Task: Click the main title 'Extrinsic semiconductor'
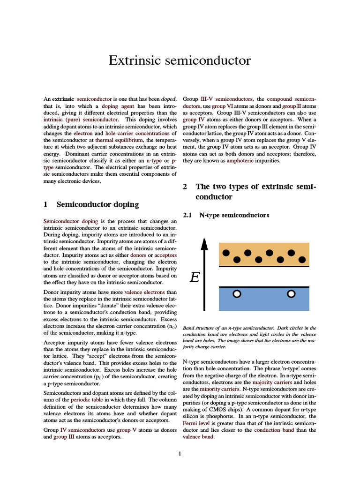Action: pyautogui.click(x=180, y=60)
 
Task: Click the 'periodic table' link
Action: pyautogui.click(x=87, y=400)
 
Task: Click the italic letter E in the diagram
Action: pyautogui.click(x=195, y=278)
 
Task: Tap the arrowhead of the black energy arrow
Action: pyautogui.click(x=204, y=243)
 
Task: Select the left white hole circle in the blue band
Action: pyautogui.click(x=237, y=294)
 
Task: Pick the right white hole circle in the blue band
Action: pyautogui.click(x=291, y=294)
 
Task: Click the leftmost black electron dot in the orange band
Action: pyautogui.click(x=226, y=253)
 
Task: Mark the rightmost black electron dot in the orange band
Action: pyautogui.click(x=302, y=259)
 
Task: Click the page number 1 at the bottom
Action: pyautogui.click(x=180, y=454)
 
